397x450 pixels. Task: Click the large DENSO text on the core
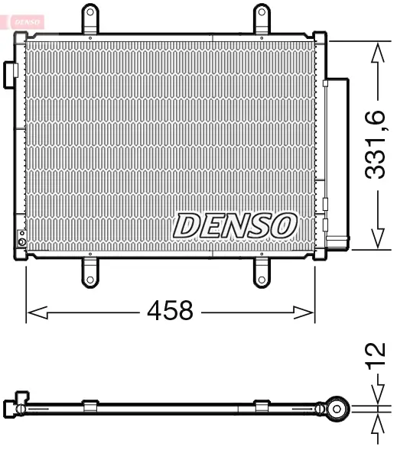click(x=235, y=225)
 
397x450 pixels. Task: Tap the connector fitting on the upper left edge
click(x=11, y=71)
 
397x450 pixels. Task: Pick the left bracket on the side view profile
click(x=89, y=405)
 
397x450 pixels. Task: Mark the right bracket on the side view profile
click(x=262, y=405)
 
